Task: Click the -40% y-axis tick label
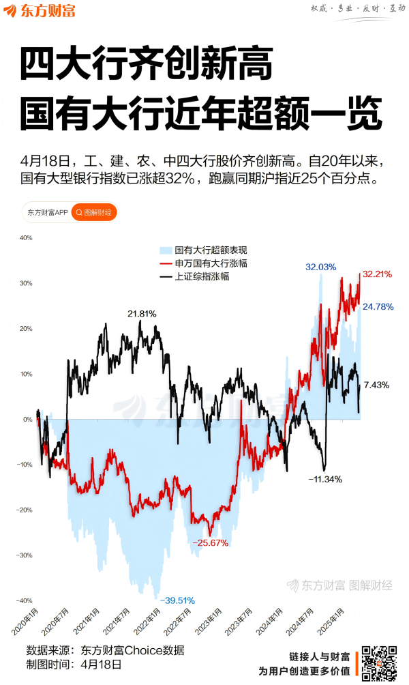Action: click(x=25, y=600)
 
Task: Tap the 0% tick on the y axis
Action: click(x=27, y=419)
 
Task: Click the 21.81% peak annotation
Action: click(x=142, y=314)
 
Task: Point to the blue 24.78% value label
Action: click(x=378, y=306)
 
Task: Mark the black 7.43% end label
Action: click(x=376, y=385)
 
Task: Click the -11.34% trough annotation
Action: click(x=324, y=479)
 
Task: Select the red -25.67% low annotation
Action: click(x=209, y=542)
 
